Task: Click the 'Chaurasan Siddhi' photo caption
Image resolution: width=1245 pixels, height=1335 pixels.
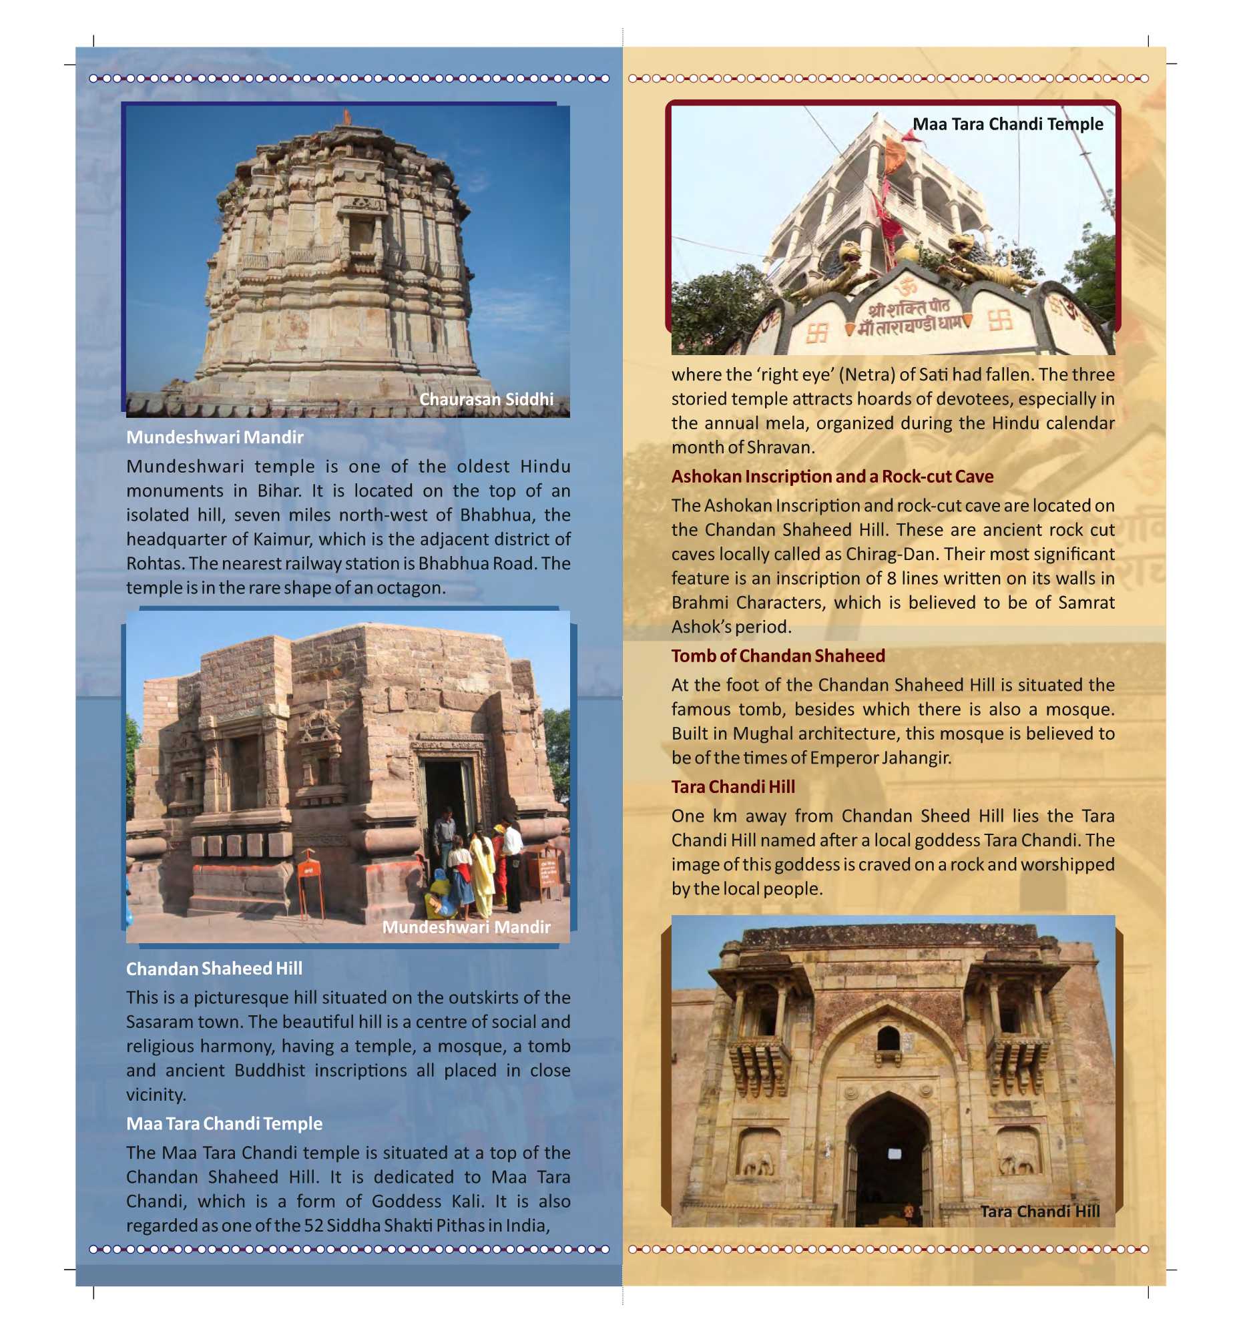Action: (486, 399)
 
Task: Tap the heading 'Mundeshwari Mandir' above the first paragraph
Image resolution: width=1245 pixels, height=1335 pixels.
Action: (215, 437)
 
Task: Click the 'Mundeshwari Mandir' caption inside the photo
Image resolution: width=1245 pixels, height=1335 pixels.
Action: (466, 926)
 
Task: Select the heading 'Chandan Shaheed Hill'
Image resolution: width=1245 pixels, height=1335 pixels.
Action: (214, 969)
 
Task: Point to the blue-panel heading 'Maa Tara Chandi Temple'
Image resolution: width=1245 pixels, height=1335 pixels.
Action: (224, 1123)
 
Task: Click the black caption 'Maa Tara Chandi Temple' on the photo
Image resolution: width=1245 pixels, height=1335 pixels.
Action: (1007, 123)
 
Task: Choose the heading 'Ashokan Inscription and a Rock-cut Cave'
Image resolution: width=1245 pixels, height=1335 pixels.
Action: (832, 476)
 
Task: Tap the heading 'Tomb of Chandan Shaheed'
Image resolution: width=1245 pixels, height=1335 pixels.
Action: (778, 655)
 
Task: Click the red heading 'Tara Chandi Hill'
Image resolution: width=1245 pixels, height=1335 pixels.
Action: (732, 786)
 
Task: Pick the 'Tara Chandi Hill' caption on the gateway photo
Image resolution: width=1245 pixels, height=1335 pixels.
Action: (1039, 1211)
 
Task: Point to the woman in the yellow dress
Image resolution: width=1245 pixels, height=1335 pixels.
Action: (481, 873)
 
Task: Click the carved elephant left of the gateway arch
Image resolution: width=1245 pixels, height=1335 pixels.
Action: (758, 1165)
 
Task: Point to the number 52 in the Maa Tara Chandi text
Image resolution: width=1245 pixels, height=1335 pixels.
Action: (314, 1226)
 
